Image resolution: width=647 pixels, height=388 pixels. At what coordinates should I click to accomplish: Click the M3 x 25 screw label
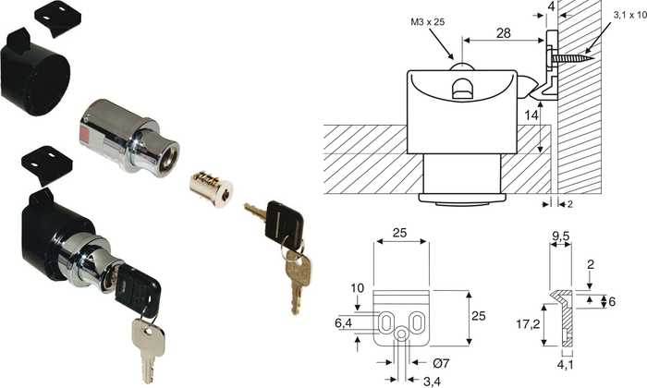pyautogui.click(x=427, y=22)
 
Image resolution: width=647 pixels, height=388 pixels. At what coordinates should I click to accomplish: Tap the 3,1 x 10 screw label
pyautogui.click(x=629, y=16)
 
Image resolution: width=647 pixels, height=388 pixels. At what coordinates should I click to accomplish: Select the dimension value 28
pyautogui.click(x=504, y=33)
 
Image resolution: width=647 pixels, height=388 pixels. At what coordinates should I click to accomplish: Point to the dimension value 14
pyautogui.click(x=531, y=115)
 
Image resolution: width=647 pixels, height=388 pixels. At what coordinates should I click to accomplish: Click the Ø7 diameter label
pyautogui.click(x=441, y=363)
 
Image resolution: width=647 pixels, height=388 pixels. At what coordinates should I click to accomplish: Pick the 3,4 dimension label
pyautogui.click(x=432, y=382)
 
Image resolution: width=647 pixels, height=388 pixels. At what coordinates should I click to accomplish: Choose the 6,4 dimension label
pyautogui.click(x=343, y=323)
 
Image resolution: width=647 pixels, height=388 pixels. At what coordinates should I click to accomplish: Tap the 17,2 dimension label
pyautogui.click(x=528, y=324)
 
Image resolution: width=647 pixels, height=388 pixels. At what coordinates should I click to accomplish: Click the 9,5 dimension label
pyautogui.click(x=561, y=236)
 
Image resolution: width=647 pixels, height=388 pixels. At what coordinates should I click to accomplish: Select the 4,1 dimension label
pyautogui.click(x=566, y=365)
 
